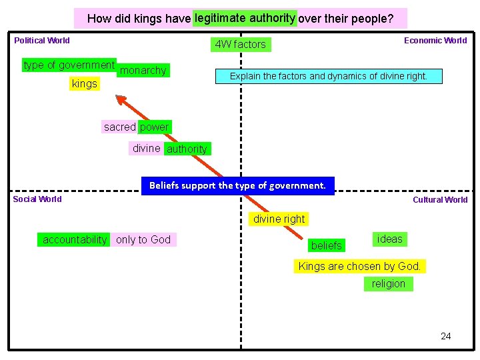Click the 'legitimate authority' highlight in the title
(245, 18)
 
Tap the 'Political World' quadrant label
(42, 41)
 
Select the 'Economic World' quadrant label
(435, 41)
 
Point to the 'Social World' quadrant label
(37, 199)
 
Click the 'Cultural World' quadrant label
(440, 200)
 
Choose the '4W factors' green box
(240, 45)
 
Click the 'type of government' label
(69, 65)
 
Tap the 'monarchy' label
(143, 71)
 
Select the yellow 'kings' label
(84, 84)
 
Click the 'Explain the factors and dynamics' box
(328, 76)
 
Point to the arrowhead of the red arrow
(121, 99)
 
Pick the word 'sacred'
(119, 127)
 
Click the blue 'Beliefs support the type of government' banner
(237, 185)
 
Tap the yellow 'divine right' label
(279, 219)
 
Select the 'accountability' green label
(74, 239)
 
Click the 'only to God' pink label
(143, 239)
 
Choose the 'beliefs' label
(327, 245)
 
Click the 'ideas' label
(390, 239)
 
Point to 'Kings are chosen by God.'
(359, 266)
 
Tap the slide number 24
(445, 336)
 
